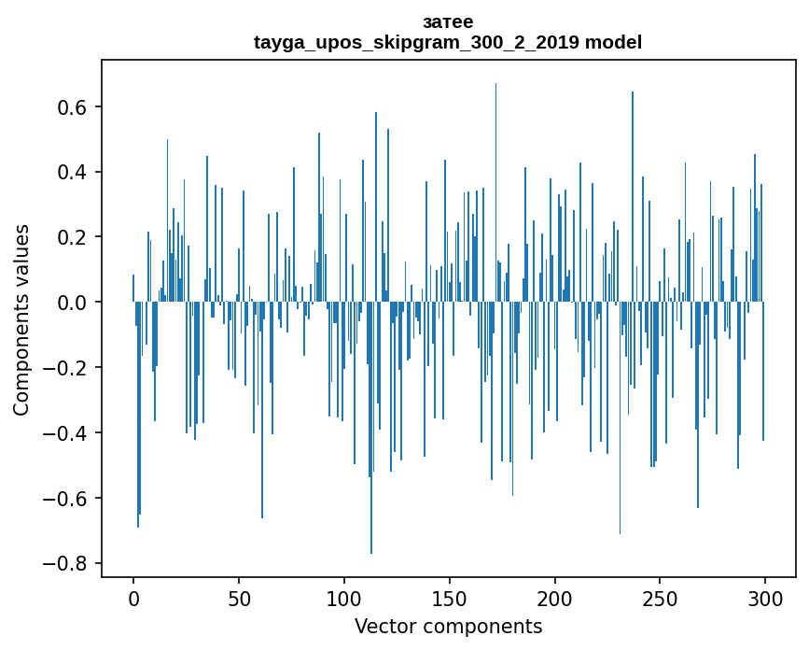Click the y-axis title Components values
pos(21,319)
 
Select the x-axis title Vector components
pos(448,626)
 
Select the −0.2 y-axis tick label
pos(67,368)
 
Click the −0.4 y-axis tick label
pos(67,433)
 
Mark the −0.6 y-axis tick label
pos(67,498)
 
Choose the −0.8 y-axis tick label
pos(67,563)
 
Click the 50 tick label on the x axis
pos(239,598)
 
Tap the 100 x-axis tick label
pos(344,598)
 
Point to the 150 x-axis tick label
pos(450,598)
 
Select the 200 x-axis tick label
pos(555,598)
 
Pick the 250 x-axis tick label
pos(660,598)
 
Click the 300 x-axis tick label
pos(765,598)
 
